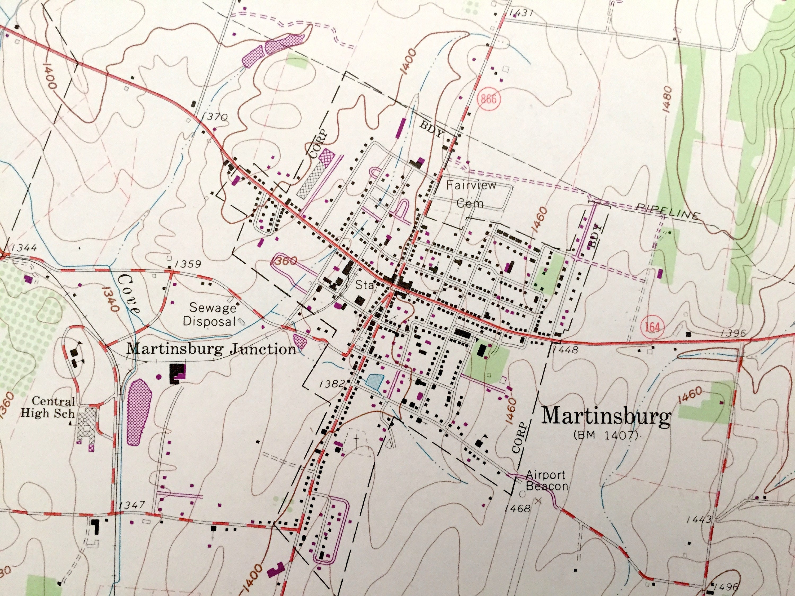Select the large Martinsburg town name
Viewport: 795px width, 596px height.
[606, 417]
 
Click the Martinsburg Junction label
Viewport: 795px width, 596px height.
[211, 349]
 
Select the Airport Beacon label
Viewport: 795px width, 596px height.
[546, 480]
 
